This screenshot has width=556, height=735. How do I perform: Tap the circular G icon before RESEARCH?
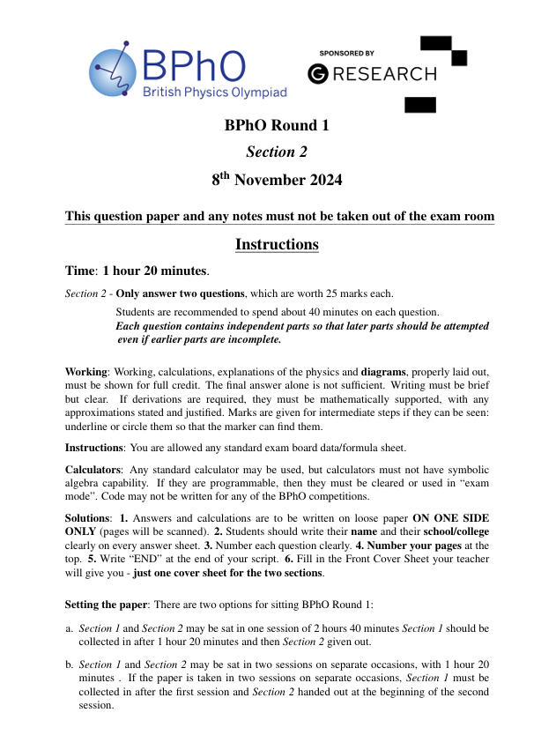point(318,74)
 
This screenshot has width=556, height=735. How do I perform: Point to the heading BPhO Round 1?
point(277,125)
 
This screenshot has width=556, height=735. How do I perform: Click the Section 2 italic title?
point(277,152)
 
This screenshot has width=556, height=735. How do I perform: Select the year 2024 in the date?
point(318,181)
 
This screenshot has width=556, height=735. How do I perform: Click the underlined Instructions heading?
point(277,244)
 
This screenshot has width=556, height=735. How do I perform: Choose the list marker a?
point(70,627)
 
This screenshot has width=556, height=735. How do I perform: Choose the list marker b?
point(70,663)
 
